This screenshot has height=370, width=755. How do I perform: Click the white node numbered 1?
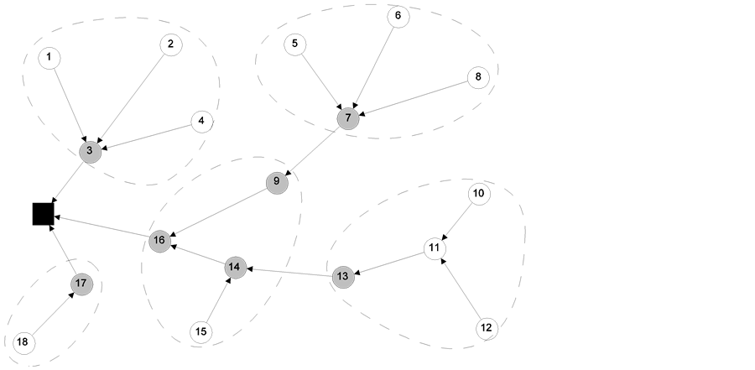tap(49, 58)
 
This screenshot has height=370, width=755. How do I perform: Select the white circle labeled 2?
tap(171, 44)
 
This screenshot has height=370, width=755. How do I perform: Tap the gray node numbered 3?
tap(90, 152)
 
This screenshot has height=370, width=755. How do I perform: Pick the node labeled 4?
tap(201, 122)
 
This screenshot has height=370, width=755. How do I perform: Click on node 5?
tap(294, 44)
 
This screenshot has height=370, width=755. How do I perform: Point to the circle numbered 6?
tap(398, 16)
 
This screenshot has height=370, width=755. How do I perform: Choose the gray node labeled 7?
tap(348, 118)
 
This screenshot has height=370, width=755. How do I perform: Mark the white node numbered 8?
tap(478, 78)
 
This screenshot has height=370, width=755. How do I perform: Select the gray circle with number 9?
tap(277, 183)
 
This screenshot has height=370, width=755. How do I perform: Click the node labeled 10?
tap(478, 194)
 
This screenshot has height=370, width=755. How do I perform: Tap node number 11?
tap(434, 248)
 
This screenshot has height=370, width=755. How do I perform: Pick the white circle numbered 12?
tap(487, 328)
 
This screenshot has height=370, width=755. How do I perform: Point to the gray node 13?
tap(343, 277)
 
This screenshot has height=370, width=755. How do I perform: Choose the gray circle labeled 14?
tap(236, 268)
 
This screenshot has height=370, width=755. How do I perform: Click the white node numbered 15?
tap(200, 332)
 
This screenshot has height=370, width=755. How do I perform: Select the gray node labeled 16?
tap(159, 242)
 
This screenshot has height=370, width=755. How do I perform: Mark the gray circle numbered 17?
tap(81, 284)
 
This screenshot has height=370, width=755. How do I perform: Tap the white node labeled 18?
tap(23, 342)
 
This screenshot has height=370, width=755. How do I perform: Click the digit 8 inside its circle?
tap(478, 78)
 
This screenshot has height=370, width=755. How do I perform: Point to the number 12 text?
tap(487, 328)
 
